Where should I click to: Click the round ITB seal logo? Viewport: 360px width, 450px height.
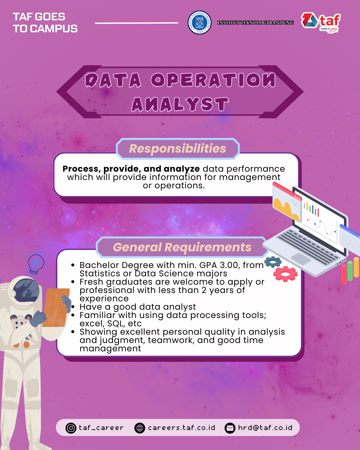199,23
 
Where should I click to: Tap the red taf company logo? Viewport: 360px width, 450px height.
321,23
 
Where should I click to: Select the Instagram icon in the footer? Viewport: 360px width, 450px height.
71,428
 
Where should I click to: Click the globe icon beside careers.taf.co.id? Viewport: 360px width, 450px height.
140,428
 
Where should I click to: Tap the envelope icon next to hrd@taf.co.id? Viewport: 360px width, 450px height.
230,428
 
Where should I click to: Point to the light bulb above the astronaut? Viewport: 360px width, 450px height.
36,263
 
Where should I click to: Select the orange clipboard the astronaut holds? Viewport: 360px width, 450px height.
56,307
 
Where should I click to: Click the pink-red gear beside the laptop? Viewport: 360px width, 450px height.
285,274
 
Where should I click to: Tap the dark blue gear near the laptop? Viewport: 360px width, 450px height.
273,262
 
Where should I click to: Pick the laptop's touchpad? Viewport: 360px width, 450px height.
301,259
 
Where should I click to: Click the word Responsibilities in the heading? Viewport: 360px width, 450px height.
178,149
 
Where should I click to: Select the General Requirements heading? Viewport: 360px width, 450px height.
182,247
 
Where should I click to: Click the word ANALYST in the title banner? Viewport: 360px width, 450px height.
180,104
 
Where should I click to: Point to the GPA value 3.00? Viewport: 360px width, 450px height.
230,265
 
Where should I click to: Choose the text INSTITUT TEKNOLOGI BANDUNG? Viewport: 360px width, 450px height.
255,23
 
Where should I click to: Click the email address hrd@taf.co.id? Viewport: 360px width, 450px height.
265,428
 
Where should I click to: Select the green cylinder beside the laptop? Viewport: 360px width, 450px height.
350,271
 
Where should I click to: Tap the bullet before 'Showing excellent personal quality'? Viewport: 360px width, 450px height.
73,332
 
